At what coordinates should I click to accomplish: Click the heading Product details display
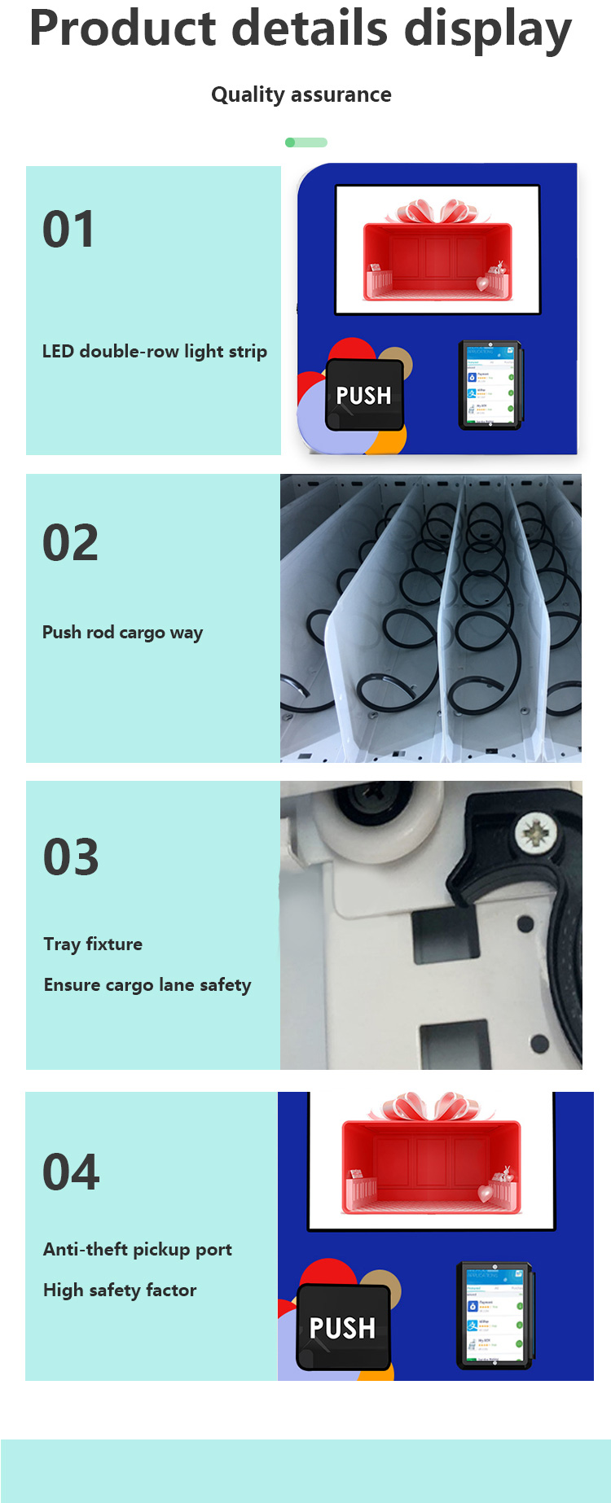[x=301, y=29]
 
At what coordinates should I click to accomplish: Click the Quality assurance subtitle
[x=301, y=94]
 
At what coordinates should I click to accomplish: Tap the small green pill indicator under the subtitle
[x=306, y=142]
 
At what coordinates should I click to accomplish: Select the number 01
[x=68, y=230]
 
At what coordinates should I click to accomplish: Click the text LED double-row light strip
[x=154, y=352]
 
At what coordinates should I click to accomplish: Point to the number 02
[x=70, y=543]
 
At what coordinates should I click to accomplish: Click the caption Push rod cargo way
[x=122, y=633]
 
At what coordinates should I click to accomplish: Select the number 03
[x=71, y=857]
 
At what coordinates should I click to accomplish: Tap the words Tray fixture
[x=93, y=944]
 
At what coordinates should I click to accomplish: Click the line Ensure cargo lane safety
[x=147, y=985]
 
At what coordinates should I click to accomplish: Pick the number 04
[x=71, y=1172]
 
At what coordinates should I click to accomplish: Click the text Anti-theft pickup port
[x=138, y=1250]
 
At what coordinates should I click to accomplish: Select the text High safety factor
[x=120, y=1290]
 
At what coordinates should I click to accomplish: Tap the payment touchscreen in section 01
[x=490, y=385]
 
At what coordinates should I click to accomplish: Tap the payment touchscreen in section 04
[x=495, y=1315]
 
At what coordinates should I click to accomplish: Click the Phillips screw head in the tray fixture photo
[x=536, y=833]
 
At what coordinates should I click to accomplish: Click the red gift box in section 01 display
[x=437, y=261]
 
